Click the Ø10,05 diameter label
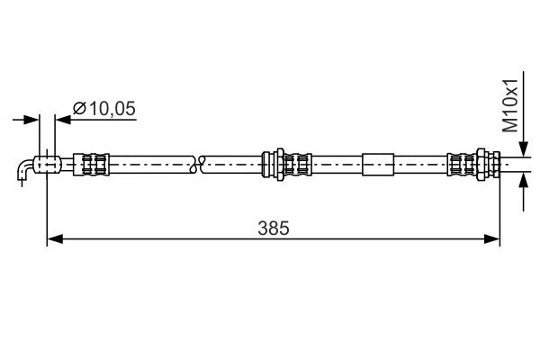[104, 108]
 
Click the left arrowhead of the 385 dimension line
[53, 238]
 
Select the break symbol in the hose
[200, 164]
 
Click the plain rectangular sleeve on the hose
[378, 164]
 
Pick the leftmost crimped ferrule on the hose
[94, 164]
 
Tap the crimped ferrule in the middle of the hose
[298, 164]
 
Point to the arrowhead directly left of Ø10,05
[63, 117]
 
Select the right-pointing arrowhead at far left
[33, 117]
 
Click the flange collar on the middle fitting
[267, 164]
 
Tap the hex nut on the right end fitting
[494, 164]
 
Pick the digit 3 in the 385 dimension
[262, 229]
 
